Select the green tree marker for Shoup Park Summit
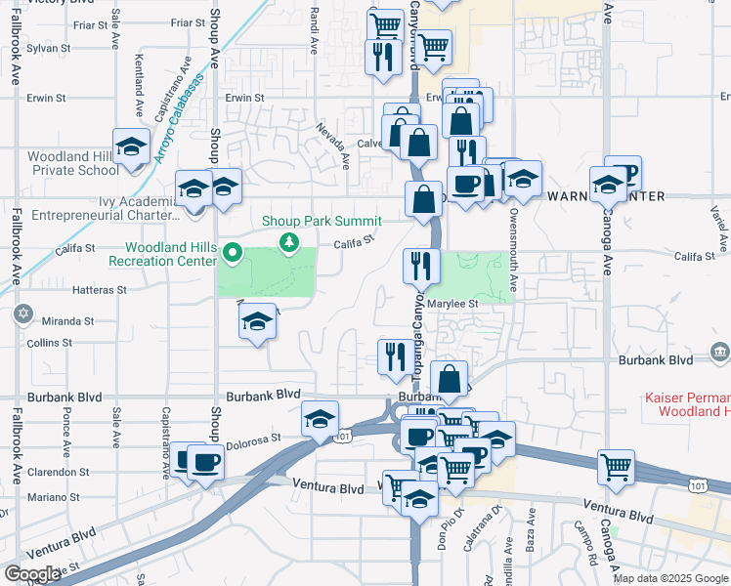coord(288,241)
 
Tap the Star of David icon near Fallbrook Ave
coord(22,315)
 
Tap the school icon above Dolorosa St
coord(320,420)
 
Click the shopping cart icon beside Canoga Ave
coord(617,468)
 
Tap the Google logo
coord(32,574)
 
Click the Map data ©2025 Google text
coord(670,578)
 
